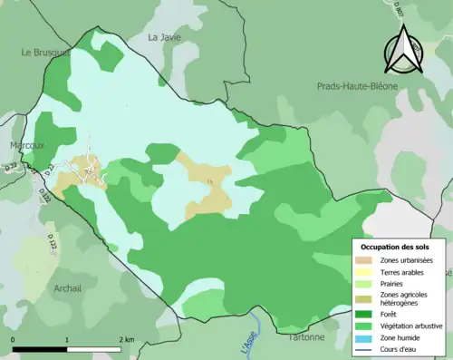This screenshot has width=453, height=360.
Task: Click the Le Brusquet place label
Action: pyautogui.click(x=45, y=53)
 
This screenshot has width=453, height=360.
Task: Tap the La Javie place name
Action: pyautogui.click(x=166, y=37)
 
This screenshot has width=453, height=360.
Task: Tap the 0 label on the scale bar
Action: pyautogui.click(x=13, y=339)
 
